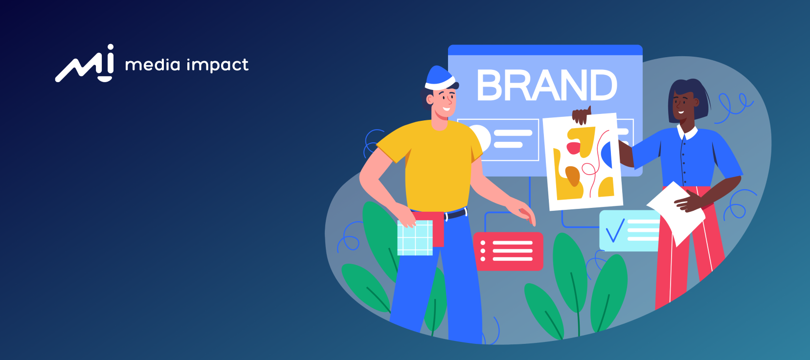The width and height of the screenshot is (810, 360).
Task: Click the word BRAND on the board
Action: pyautogui.click(x=546, y=85)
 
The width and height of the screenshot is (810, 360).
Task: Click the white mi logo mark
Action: pyautogui.click(x=85, y=64)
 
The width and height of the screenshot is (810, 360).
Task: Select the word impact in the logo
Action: pyautogui.click(x=218, y=66)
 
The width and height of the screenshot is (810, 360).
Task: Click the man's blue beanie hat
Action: pyautogui.click(x=439, y=78)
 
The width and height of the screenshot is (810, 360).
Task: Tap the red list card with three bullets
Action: pyautogui.click(x=508, y=251)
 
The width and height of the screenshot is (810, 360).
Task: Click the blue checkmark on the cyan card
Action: pyautogui.click(x=615, y=230)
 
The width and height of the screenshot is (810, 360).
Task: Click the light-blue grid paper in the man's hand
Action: pyautogui.click(x=415, y=238)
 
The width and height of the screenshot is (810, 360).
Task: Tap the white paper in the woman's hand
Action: pyautogui.click(x=676, y=213)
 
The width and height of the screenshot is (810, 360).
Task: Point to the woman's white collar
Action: pyautogui.click(x=687, y=133)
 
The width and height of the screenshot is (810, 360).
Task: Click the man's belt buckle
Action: pyautogui.click(x=446, y=216)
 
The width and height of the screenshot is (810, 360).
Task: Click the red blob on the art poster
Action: pyautogui.click(x=573, y=148)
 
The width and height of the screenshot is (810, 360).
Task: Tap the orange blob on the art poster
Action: pyautogui.click(x=572, y=176)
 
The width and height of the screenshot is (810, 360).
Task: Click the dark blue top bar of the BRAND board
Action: pyautogui.click(x=545, y=50)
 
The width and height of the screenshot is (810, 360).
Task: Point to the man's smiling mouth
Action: pyautogui.click(x=447, y=109)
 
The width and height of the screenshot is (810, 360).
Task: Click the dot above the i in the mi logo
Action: pyautogui.click(x=110, y=47)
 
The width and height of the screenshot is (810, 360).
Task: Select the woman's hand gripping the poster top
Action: pyautogui.click(x=582, y=115)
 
